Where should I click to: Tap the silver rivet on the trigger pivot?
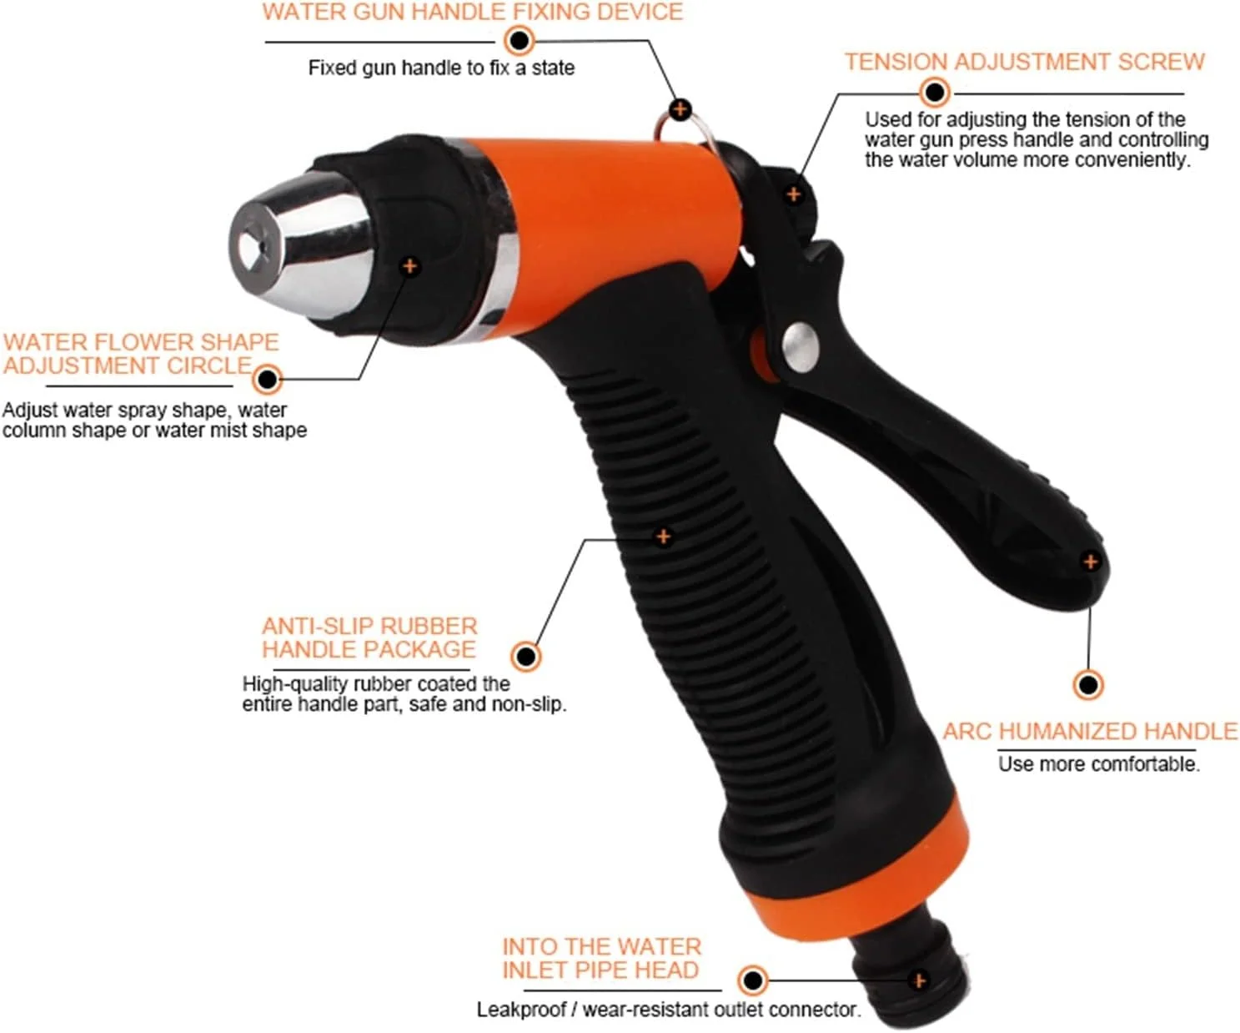(x=800, y=348)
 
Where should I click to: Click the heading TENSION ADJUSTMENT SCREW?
(x=1025, y=62)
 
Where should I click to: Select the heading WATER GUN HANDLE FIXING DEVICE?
(x=473, y=12)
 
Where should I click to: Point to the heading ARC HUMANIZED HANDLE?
(x=1091, y=730)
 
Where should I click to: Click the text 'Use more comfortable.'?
(x=1099, y=763)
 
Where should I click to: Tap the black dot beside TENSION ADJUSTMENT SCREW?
(x=935, y=92)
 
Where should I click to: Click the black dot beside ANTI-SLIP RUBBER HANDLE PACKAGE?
(x=525, y=656)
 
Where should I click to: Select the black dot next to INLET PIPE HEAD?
(x=753, y=980)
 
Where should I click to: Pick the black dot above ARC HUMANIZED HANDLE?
(x=1088, y=685)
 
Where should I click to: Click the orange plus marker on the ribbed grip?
(x=663, y=537)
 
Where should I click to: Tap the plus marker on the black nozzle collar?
(x=409, y=265)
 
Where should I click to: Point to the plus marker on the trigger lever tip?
(x=1091, y=561)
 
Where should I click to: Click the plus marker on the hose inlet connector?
(x=919, y=980)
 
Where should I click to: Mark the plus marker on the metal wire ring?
(x=680, y=109)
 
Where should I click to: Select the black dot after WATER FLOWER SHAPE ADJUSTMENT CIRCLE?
(x=267, y=379)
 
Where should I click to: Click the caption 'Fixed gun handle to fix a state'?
(x=441, y=68)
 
